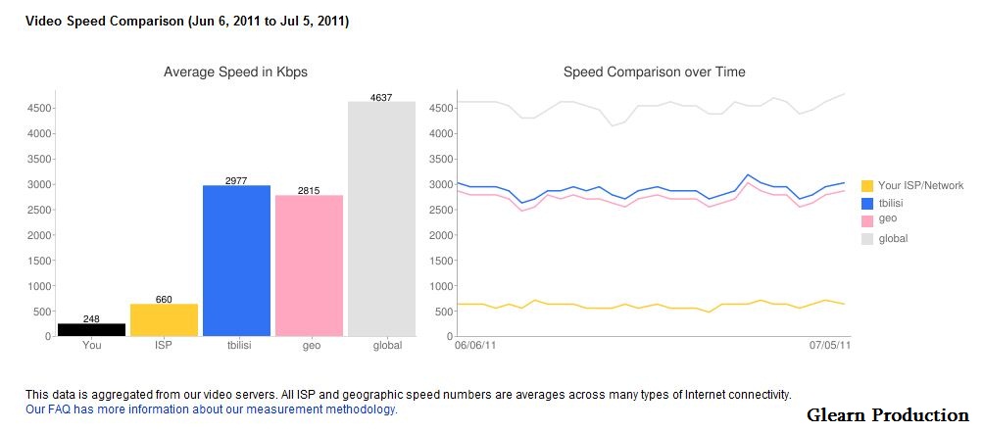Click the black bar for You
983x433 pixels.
(91, 329)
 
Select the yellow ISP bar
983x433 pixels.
(164, 319)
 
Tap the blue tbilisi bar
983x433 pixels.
(236, 261)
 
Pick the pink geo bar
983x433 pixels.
(309, 265)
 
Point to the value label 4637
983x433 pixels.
(381, 97)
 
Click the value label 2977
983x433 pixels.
(236, 181)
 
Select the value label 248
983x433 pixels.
(91, 319)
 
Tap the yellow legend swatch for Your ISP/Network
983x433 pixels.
(866, 186)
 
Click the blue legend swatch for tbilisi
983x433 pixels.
(866, 203)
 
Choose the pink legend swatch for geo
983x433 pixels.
(866, 219)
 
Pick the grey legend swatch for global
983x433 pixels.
(866, 238)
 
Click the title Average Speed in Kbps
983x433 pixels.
(235, 72)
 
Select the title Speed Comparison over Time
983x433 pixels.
(654, 72)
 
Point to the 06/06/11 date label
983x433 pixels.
(476, 345)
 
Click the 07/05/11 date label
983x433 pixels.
(829, 345)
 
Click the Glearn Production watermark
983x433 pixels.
(887, 415)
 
